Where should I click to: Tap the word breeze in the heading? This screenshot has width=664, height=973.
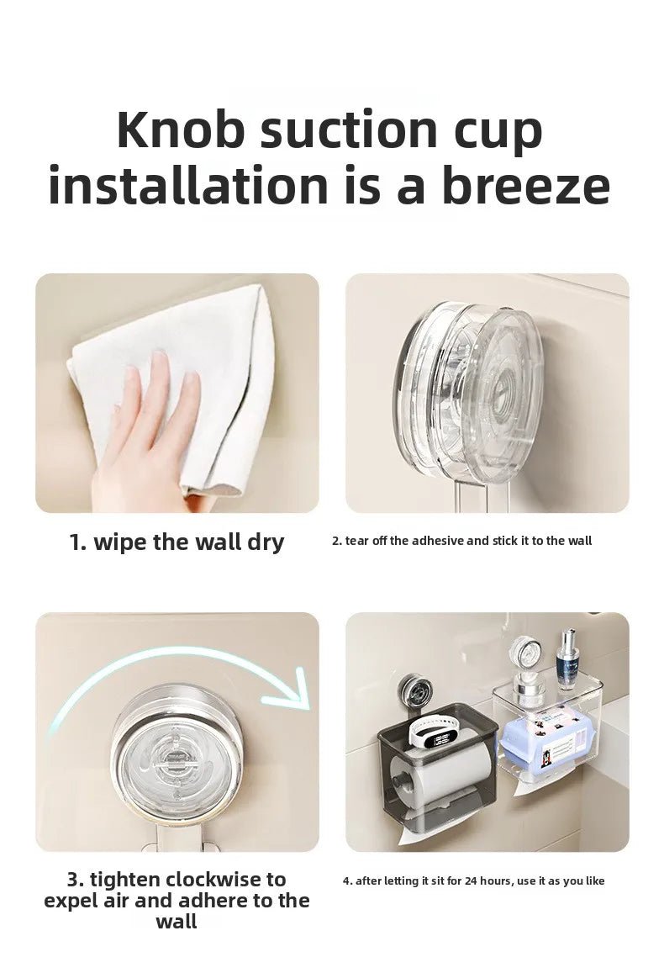click(526, 186)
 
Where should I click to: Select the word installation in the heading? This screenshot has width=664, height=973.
click(190, 186)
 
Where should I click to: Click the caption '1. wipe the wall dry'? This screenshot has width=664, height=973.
click(177, 542)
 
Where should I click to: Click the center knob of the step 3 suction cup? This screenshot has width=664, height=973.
click(177, 764)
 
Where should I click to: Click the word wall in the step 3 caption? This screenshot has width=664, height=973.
click(177, 921)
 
